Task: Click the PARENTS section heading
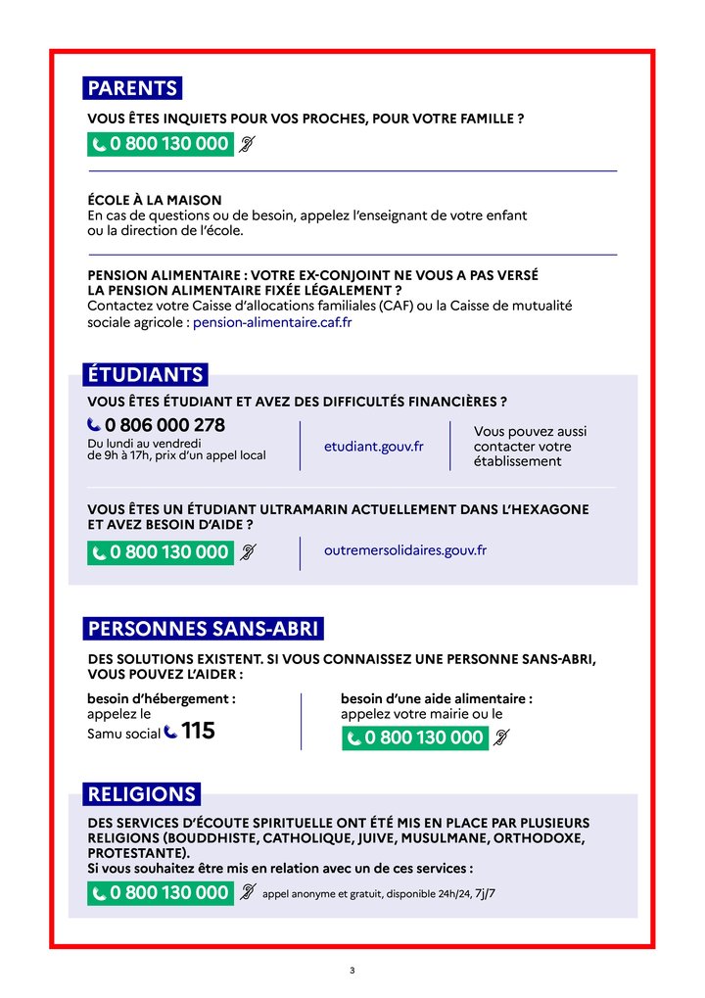(x=132, y=88)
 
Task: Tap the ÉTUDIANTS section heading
(x=145, y=374)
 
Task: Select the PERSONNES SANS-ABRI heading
(x=203, y=628)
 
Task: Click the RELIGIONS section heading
(x=142, y=793)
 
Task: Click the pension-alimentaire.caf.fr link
(x=272, y=321)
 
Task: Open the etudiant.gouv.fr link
(x=373, y=446)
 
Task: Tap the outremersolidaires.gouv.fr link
(x=404, y=550)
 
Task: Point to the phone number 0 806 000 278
(x=164, y=425)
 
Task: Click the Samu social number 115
(x=198, y=731)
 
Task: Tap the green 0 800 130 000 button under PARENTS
(x=161, y=145)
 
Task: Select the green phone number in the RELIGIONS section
(x=161, y=893)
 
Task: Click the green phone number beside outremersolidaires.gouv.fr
(x=161, y=552)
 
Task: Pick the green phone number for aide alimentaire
(x=415, y=737)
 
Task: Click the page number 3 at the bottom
(x=352, y=971)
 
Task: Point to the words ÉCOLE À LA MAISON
(x=155, y=200)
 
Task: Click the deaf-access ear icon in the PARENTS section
(x=248, y=145)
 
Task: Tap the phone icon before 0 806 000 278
(x=94, y=425)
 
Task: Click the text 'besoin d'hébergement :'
(x=162, y=699)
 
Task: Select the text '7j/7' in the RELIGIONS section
(x=485, y=893)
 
